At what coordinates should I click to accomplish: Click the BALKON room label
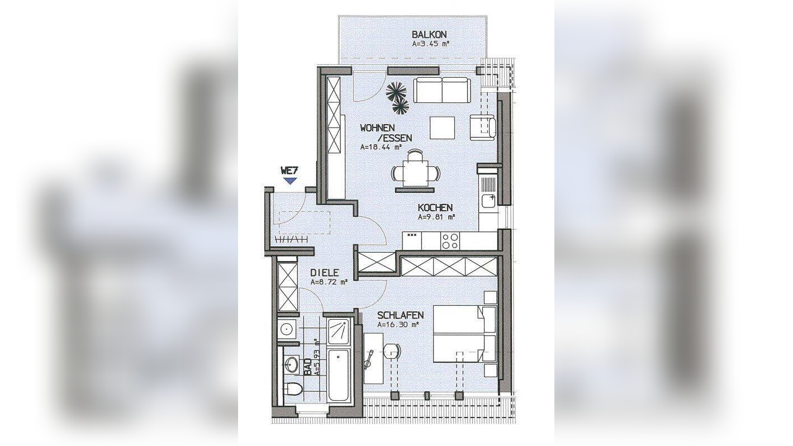click(x=429, y=34)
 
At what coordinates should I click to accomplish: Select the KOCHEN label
click(x=435, y=207)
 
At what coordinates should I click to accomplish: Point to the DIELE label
click(x=325, y=273)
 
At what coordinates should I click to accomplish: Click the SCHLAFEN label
click(x=400, y=315)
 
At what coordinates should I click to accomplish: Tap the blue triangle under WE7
click(x=291, y=181)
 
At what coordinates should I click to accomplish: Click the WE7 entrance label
click(x=289, y=170)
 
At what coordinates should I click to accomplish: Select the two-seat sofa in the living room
click(x=442, y=90)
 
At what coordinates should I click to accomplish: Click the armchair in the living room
click(x=483, y=126)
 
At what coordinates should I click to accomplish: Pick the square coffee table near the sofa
click(x=442, y=127)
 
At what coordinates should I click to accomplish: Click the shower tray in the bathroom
click(x=339, y=331)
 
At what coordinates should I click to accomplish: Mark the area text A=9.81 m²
click(x=436, y=217)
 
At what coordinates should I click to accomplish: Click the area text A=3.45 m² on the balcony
click(x=431, y=45)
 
